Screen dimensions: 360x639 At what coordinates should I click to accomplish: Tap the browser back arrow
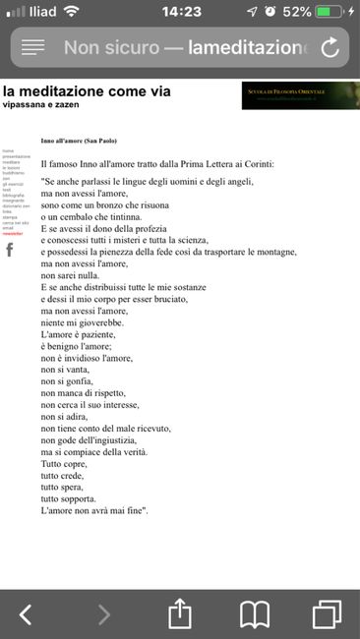(x=26, y=614)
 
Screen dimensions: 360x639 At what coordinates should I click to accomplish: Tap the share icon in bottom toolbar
(x=179, y=613)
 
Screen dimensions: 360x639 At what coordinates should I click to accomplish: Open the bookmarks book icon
(x=256, y=614)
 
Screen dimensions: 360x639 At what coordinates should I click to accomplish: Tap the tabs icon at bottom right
(x=326, y=614)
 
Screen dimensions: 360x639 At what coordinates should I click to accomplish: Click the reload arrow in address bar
(x=330, y=47)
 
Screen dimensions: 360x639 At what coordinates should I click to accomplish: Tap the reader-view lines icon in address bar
(x=33, y=47)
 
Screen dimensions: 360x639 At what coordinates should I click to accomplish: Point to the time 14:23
(x=180, y=12)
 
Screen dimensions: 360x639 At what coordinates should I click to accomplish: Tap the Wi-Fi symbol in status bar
(x=71, y=12)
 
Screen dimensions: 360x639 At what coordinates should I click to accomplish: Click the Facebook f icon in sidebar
(x=10, y=251)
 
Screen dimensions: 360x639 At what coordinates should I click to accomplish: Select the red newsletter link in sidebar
(x=13, y=234)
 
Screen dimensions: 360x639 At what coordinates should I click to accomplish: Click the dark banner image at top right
(x=300, y=95)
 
